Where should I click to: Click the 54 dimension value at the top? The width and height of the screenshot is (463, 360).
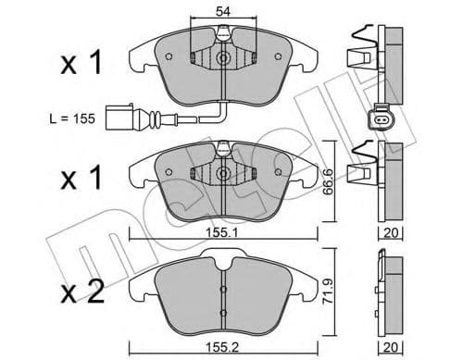coord(223,11)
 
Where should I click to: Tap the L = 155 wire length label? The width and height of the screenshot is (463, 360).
coord(72,118)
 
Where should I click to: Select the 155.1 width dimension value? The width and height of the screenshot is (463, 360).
coord(222,233)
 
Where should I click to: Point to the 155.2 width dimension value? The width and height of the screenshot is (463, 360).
coord(222,348)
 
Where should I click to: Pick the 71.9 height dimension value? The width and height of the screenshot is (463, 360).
coord(328,292)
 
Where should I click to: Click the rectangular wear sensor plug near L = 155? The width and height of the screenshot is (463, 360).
coord(120,118)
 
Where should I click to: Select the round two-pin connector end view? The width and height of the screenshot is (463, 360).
coord(382,118)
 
